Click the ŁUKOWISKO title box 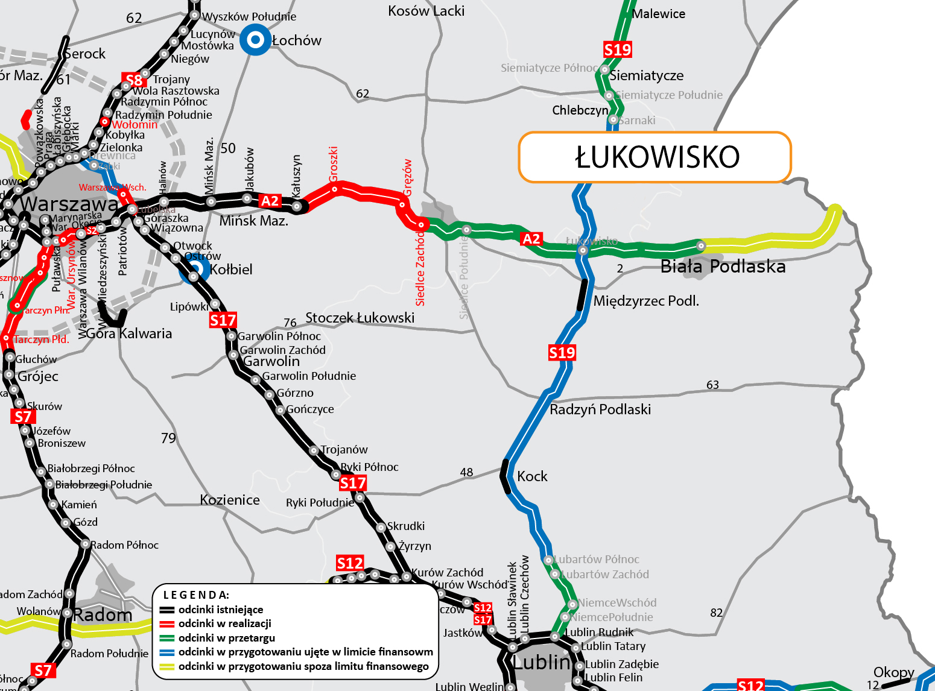click(x=655, y=157)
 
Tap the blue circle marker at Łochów click(x=256, y=40)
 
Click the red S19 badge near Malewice click(x=617, y=49)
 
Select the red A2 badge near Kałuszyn click(x=270, y=201)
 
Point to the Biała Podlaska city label click(x=723, y=267)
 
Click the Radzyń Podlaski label click(x=600, y=409)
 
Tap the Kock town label click(x=532, y=476)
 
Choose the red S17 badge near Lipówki click(x=223, y=320)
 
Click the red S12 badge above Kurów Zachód click(x=350, y=563)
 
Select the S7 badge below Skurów click(x=23, y=417)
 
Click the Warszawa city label click(x=69, y=204)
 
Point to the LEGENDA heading click(x=196, y=595)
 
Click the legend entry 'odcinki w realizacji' click(x=224, y=623)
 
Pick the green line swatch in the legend click(x=167, y=638)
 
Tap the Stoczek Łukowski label click(x=360, y=318)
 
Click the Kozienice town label click(x=230, y=500)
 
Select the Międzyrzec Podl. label click(x=646, y=301)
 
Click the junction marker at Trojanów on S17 click(x=314, y=450)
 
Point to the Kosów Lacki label click(x=426, y=11)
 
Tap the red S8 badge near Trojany click(x=134, y=80)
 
